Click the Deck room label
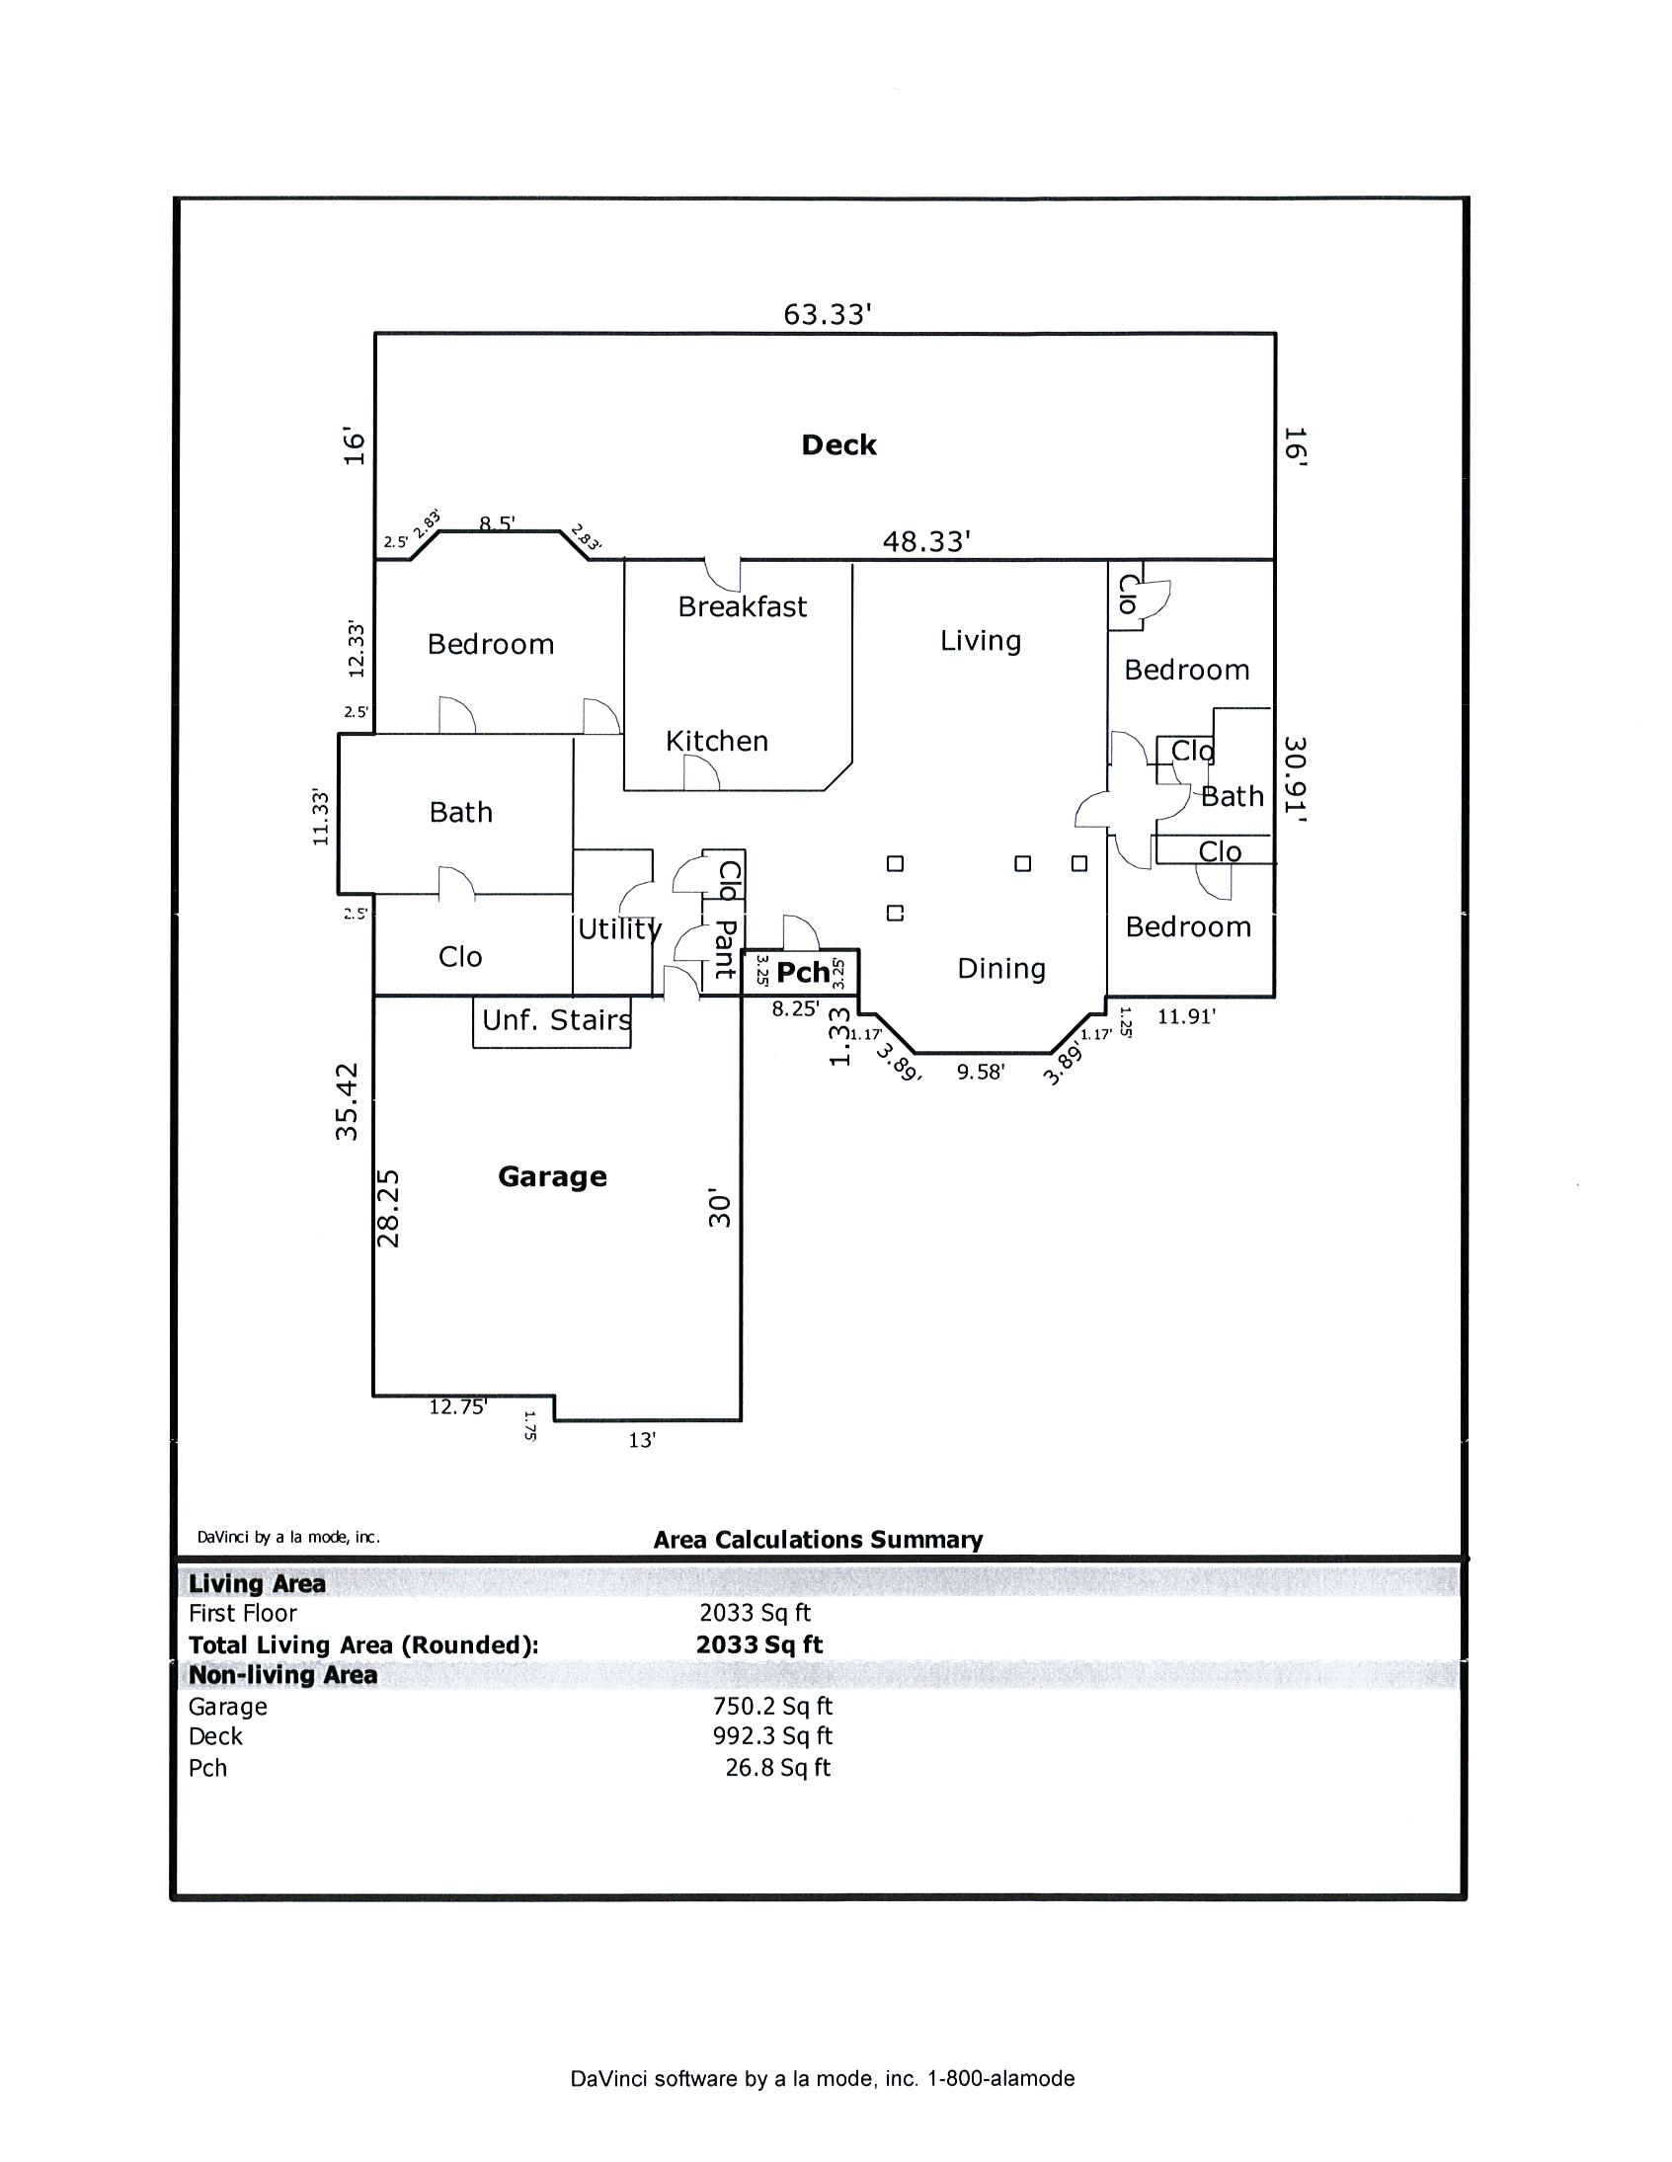[838, 445]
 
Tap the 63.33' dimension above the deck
[828, 315]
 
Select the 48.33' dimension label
[926, 541]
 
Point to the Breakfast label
[743, 606]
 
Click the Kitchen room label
[717, 742]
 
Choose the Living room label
[981, 641]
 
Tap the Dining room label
[1000, 969]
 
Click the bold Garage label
[552, 1177]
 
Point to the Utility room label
[619, 929]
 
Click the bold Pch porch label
[803, 973]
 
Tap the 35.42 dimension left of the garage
[346, 1102]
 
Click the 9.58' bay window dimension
[980, 1072]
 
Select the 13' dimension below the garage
[643, 1440]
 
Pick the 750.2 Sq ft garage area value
[772, 1707]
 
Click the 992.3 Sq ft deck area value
[772, 1736]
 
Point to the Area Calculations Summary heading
[818, 1541]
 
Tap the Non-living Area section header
[283, 1675]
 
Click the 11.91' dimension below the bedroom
[1186, 1016]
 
